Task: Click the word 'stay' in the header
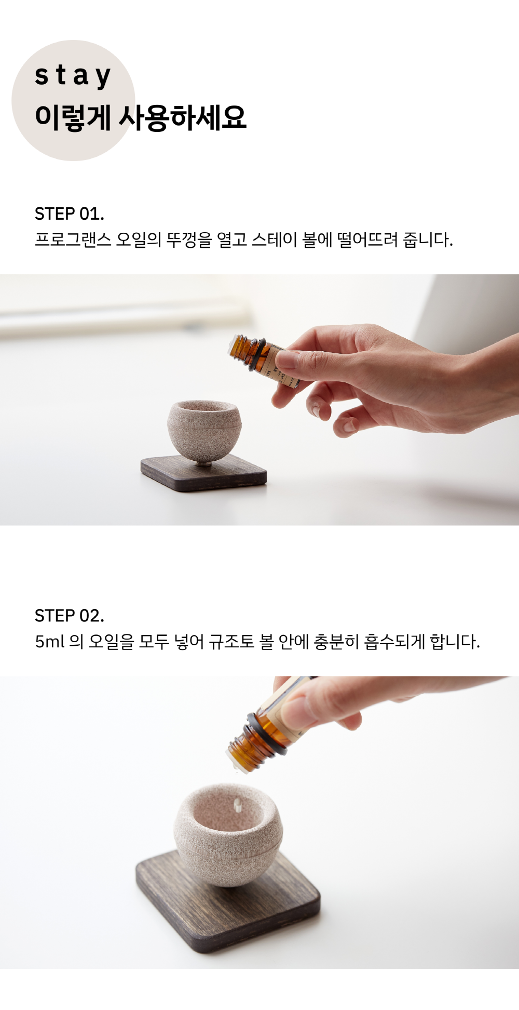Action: click(73, 76)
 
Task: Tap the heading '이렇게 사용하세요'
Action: click(140, 117)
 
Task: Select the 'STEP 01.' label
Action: click(69, 214)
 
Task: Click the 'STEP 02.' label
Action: click(69, 616)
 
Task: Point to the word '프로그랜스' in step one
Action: click(73, 240)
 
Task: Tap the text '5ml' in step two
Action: click(50, 642)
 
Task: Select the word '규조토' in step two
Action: click(231, 642)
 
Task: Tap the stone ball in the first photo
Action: click(204, 429)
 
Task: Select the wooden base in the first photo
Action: click(204, 473)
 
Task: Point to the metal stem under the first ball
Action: click(204, 462)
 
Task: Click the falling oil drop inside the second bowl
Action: click(238, 805)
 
